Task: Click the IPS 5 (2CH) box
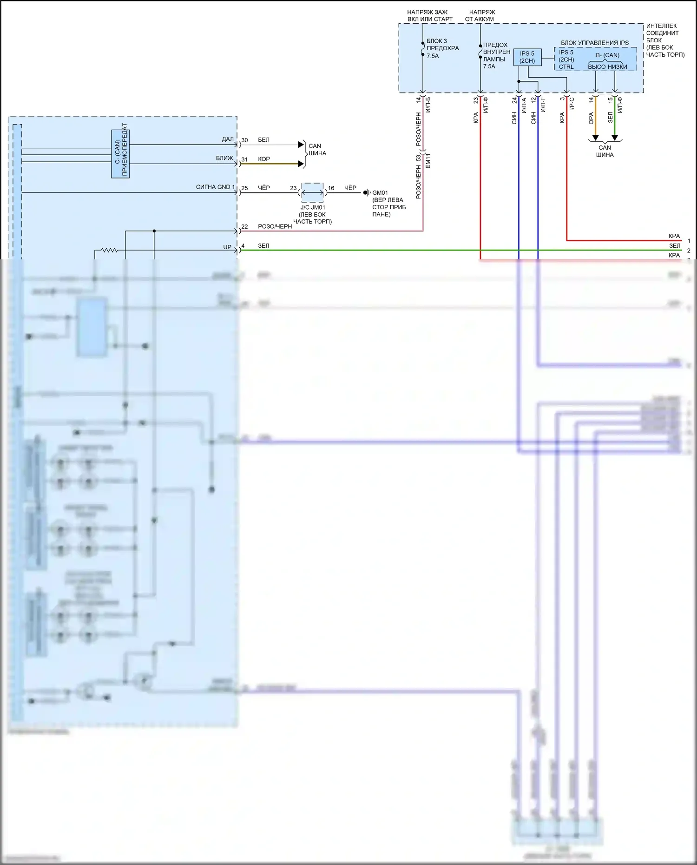(527, 57)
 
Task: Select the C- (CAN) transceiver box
(120, 154)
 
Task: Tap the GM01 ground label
(380, 192)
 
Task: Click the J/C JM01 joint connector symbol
(312, 192)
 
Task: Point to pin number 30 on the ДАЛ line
(244, 140)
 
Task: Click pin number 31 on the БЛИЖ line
(244, 159)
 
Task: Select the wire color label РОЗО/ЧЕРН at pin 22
(275, 226)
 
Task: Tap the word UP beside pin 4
(227, 247)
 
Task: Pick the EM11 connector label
(428, 160)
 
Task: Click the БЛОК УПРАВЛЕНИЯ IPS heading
(594, 43)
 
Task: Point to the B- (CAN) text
(607, 55)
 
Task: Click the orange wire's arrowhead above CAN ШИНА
(595, 138)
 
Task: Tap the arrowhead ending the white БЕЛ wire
(301, 145)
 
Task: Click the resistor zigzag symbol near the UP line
(109, 250)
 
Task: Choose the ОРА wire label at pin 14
(591, 118)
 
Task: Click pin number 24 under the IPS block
(514, 99)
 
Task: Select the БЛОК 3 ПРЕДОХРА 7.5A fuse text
(442, 48)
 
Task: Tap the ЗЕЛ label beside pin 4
(263, 245)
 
